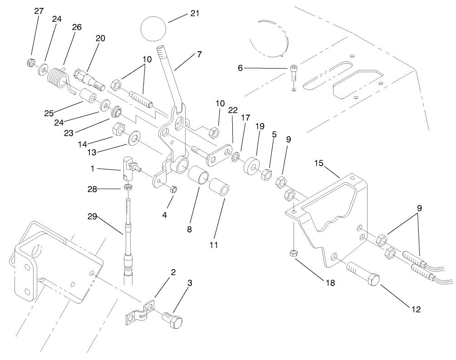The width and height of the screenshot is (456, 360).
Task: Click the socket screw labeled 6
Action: tap(294, 72)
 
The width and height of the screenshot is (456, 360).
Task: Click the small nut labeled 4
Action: tap(173, 189)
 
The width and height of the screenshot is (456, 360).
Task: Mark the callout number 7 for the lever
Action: tap(199, 54)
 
